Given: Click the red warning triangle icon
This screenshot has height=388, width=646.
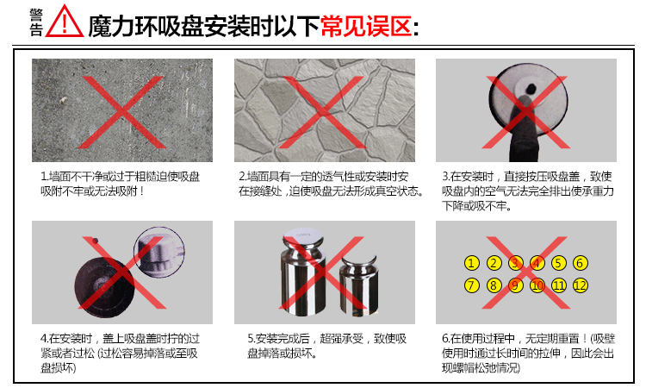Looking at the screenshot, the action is (65, 22).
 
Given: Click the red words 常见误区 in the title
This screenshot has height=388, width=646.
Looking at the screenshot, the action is (366, 27).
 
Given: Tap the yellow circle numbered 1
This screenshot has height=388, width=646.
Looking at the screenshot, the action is (471, 263).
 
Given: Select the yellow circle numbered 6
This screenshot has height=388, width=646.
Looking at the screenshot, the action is (580, 263).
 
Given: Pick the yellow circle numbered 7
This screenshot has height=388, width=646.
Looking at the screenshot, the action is (471, 285).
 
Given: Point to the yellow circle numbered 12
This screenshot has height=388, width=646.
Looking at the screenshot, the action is (580, 285).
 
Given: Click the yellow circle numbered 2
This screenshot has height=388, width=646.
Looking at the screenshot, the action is (494, 263).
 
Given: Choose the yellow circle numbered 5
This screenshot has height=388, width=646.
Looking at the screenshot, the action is (558, 263).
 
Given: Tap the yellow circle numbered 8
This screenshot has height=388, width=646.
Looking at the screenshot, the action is (494, 285).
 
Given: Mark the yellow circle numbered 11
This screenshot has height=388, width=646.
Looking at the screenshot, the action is (558, 285).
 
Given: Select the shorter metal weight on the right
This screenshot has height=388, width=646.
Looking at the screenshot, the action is (358, 285).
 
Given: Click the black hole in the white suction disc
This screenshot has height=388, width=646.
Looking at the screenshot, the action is (531, 87).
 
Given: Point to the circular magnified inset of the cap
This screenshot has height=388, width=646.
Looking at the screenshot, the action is (159, 252).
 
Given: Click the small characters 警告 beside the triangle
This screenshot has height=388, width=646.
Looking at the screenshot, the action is (36, 22).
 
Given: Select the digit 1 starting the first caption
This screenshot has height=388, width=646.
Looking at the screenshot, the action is (43, 177).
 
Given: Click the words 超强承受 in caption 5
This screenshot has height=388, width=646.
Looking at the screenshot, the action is (342, 339).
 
